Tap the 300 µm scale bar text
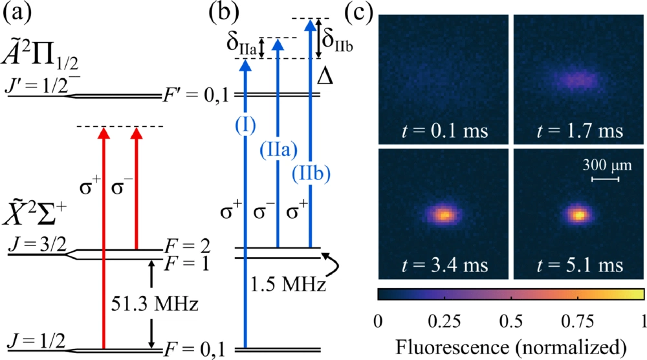599,165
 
